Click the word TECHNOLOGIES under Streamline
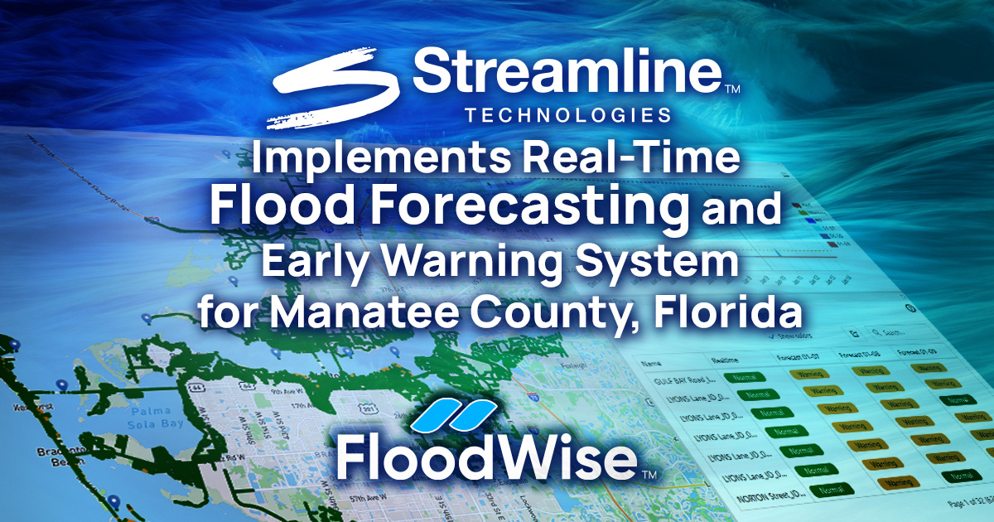[568, 114]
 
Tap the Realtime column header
[726, 360]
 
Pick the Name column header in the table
[654, 363]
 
